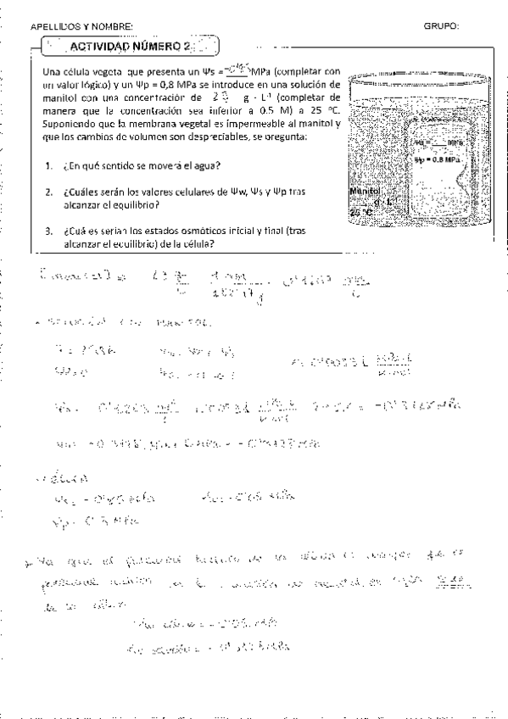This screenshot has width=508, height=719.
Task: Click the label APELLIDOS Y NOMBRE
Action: (x=81, y=27)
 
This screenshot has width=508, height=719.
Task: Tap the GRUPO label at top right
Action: (x=441, y=26)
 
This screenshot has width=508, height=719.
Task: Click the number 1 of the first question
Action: (x=49, y=164)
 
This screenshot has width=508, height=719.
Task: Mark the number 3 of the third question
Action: (x=49, y=231)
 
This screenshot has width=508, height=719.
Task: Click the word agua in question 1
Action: (x=205, y=164)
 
